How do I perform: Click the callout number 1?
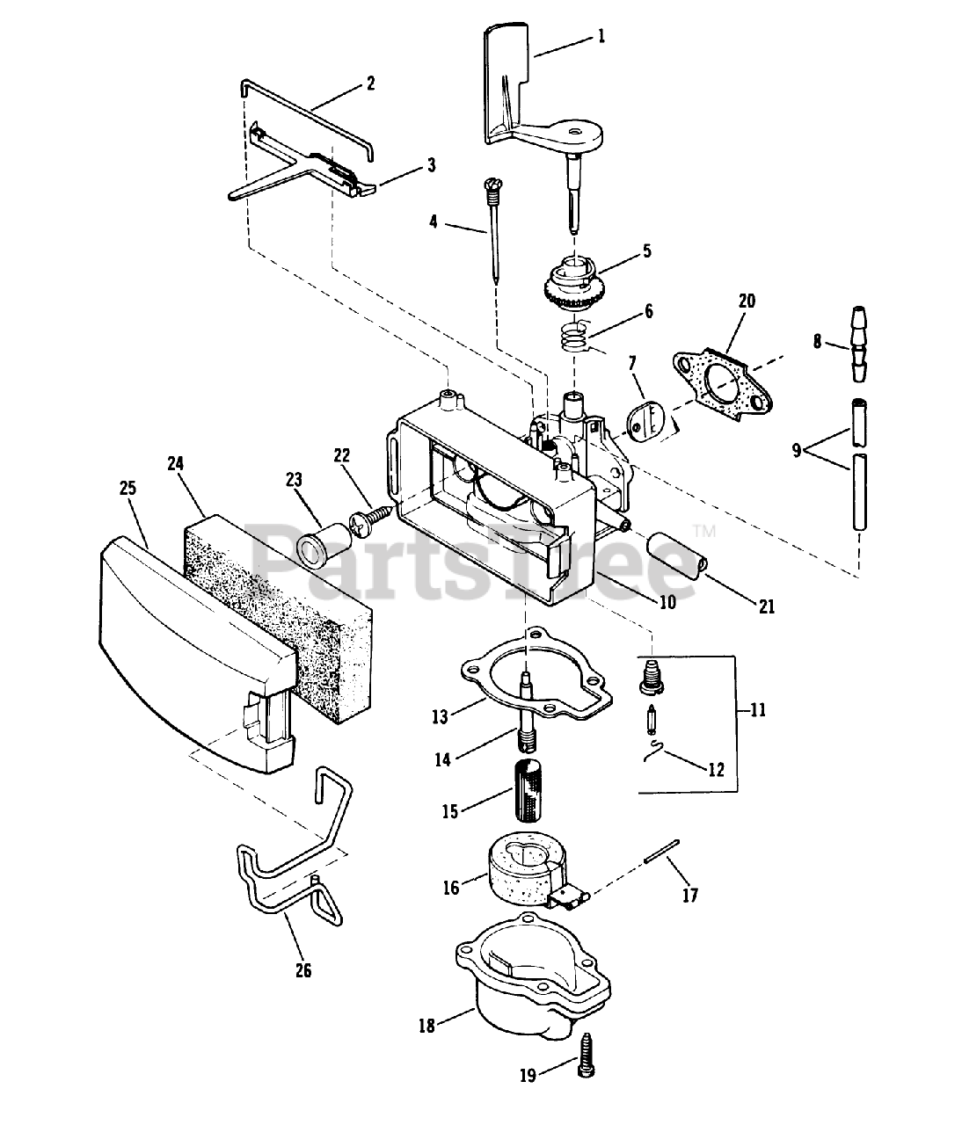tap(601, 36)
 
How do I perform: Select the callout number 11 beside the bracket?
tap(758, 710)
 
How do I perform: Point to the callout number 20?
tap(747, 301)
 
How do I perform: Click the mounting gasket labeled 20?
tap(723, 384)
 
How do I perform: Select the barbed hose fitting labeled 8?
tap(858, 344)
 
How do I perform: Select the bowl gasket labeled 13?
tap(536, 673)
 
